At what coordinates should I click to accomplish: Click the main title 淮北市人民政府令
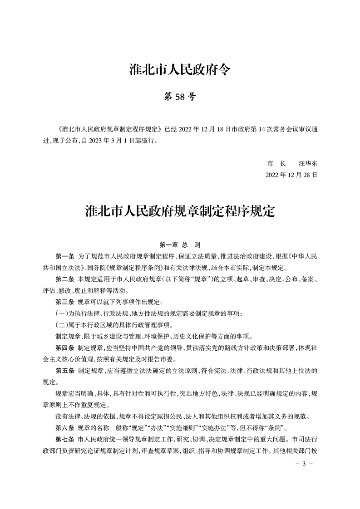click(180, 70)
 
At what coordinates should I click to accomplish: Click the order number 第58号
click(180, 97)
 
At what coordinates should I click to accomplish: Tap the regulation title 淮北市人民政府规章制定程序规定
click(180, 211)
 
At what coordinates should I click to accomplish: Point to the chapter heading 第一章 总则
click(180, 245)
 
